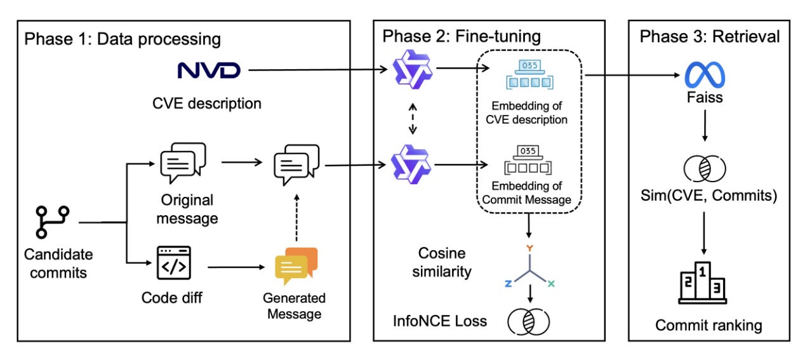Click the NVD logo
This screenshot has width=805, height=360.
pyautogui.click(x=209, y=69)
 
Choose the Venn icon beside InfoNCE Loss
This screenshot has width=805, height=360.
pyautogui.click(x=528, y=321)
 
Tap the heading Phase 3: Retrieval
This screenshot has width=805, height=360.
pyautogui.click(x=710, y=36)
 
